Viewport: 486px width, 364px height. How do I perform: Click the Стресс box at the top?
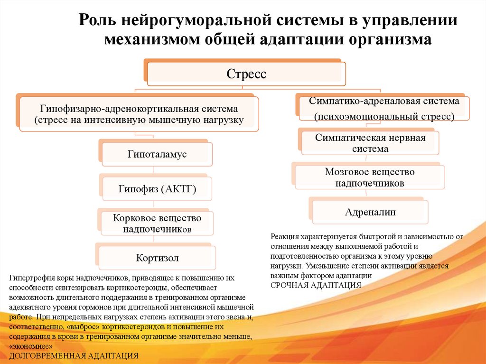246,75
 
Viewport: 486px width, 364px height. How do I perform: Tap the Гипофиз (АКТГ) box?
157,189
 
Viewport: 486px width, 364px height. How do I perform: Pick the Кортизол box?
157,258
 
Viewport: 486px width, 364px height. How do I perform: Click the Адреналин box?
370,212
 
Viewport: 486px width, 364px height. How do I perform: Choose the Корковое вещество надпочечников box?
157,224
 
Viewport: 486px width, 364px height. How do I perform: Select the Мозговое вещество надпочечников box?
370,177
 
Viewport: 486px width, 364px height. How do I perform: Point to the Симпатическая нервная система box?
370,143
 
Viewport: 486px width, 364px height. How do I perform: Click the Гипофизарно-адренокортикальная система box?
139,114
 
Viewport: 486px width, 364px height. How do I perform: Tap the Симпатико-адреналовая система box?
384,108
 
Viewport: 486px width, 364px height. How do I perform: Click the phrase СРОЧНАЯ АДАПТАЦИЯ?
316,285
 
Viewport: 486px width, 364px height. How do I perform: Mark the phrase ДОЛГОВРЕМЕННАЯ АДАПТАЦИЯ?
74,355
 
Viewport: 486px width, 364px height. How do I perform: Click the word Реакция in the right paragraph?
285,236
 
